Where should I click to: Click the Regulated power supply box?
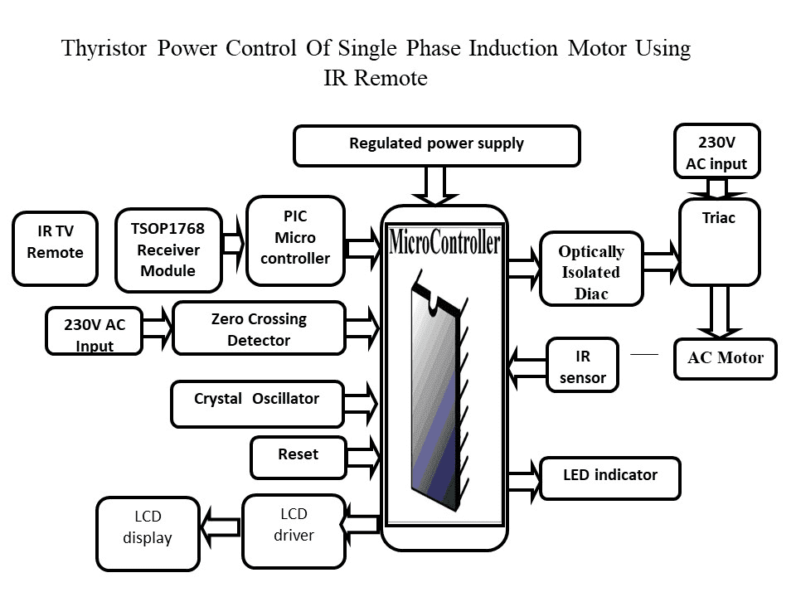click(x=436, y=145)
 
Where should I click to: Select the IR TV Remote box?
click(x=55, y=249)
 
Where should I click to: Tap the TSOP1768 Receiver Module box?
click(x=168, y=250)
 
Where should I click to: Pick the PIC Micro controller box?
click(x=295, y=238)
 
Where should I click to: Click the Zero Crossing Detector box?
click(x=258, y=329)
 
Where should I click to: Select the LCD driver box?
click(x=294, y=531)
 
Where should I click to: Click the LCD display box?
click(x=148, y=533)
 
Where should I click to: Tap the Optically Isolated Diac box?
click(x=590, y=269)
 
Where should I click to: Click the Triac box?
click(x=718, y=241)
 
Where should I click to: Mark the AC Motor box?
click(x=725, y=359)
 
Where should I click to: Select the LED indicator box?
click(x=609, y=478)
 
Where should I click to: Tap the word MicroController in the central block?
click(x=444, y=243)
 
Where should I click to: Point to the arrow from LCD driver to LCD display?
click(x=221, y=526)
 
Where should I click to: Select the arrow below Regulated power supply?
click(x=435, y=186)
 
